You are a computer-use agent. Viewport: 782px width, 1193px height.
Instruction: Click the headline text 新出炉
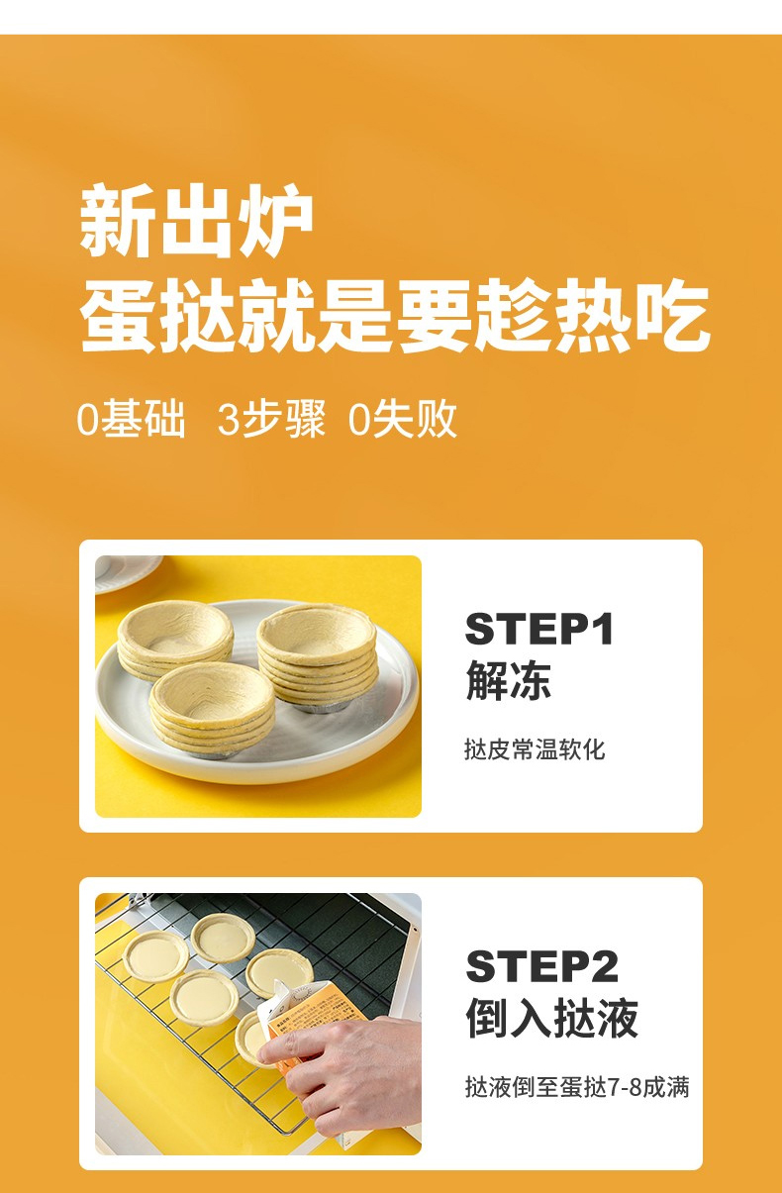pyautogui.click(x=195, y=221)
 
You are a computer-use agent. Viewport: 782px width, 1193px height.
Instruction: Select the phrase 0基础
pyautogui.click(x=131, y=420)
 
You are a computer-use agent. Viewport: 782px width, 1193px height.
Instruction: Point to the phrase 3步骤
pyautogui.click(x=271, y=420)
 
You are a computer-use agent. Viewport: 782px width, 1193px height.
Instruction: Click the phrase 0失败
pyautogui.click(x=403, y=420)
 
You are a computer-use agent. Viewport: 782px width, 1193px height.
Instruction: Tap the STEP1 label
pyautogui.click(x=539, y=629)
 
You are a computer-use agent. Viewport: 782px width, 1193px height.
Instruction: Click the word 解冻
pyautogui.click(x=509, y=680)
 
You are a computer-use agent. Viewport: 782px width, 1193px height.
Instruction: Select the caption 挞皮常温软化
pyautogui.click(x=535, y=749)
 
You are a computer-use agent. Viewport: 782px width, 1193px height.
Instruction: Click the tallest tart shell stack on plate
pyautogui.click(x=318, y=657)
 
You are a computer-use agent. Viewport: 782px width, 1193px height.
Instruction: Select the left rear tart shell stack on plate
pyautogui.click(x=175, y=642)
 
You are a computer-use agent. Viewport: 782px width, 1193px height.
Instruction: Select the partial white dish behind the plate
pyautogui.click(x=128, y=573)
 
